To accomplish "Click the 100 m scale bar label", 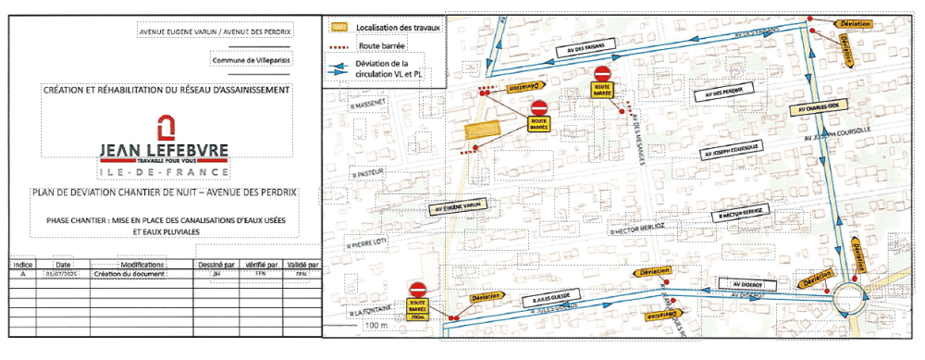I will (374, 326).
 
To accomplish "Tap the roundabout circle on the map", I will (849, 300).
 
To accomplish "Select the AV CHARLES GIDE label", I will (813, 108).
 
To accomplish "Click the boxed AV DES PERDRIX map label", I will (722, 93).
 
